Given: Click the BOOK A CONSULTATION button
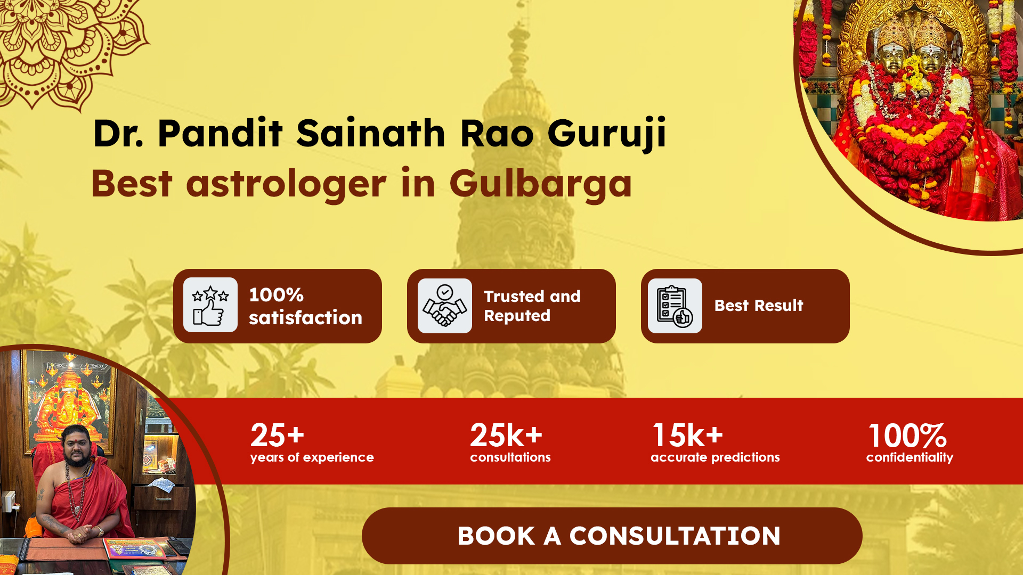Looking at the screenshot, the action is [x=612, y=536].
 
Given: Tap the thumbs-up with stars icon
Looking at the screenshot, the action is [x=210, y=305].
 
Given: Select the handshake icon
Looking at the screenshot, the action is [x=445, y=306].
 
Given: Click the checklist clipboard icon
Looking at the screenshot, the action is [x=675, y=306].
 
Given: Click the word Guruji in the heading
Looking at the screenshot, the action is [x=607, y=133].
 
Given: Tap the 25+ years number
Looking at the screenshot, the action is [x=277, y=436].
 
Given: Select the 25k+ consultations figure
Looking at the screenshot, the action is [x=506, y=436].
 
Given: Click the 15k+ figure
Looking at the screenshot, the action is [x=688, y=436].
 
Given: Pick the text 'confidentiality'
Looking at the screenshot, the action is [x=910, y=457].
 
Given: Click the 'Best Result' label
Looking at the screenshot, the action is [x=759, y=306].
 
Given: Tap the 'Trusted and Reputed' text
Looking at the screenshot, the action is [x=532, y=306].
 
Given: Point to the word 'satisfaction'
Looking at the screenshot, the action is [x=305, y=318].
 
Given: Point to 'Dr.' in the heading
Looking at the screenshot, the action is [x=118, y=133].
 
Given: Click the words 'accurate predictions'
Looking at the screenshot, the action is [x=715, y=457].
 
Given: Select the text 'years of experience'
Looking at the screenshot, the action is [x=312, y=457].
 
